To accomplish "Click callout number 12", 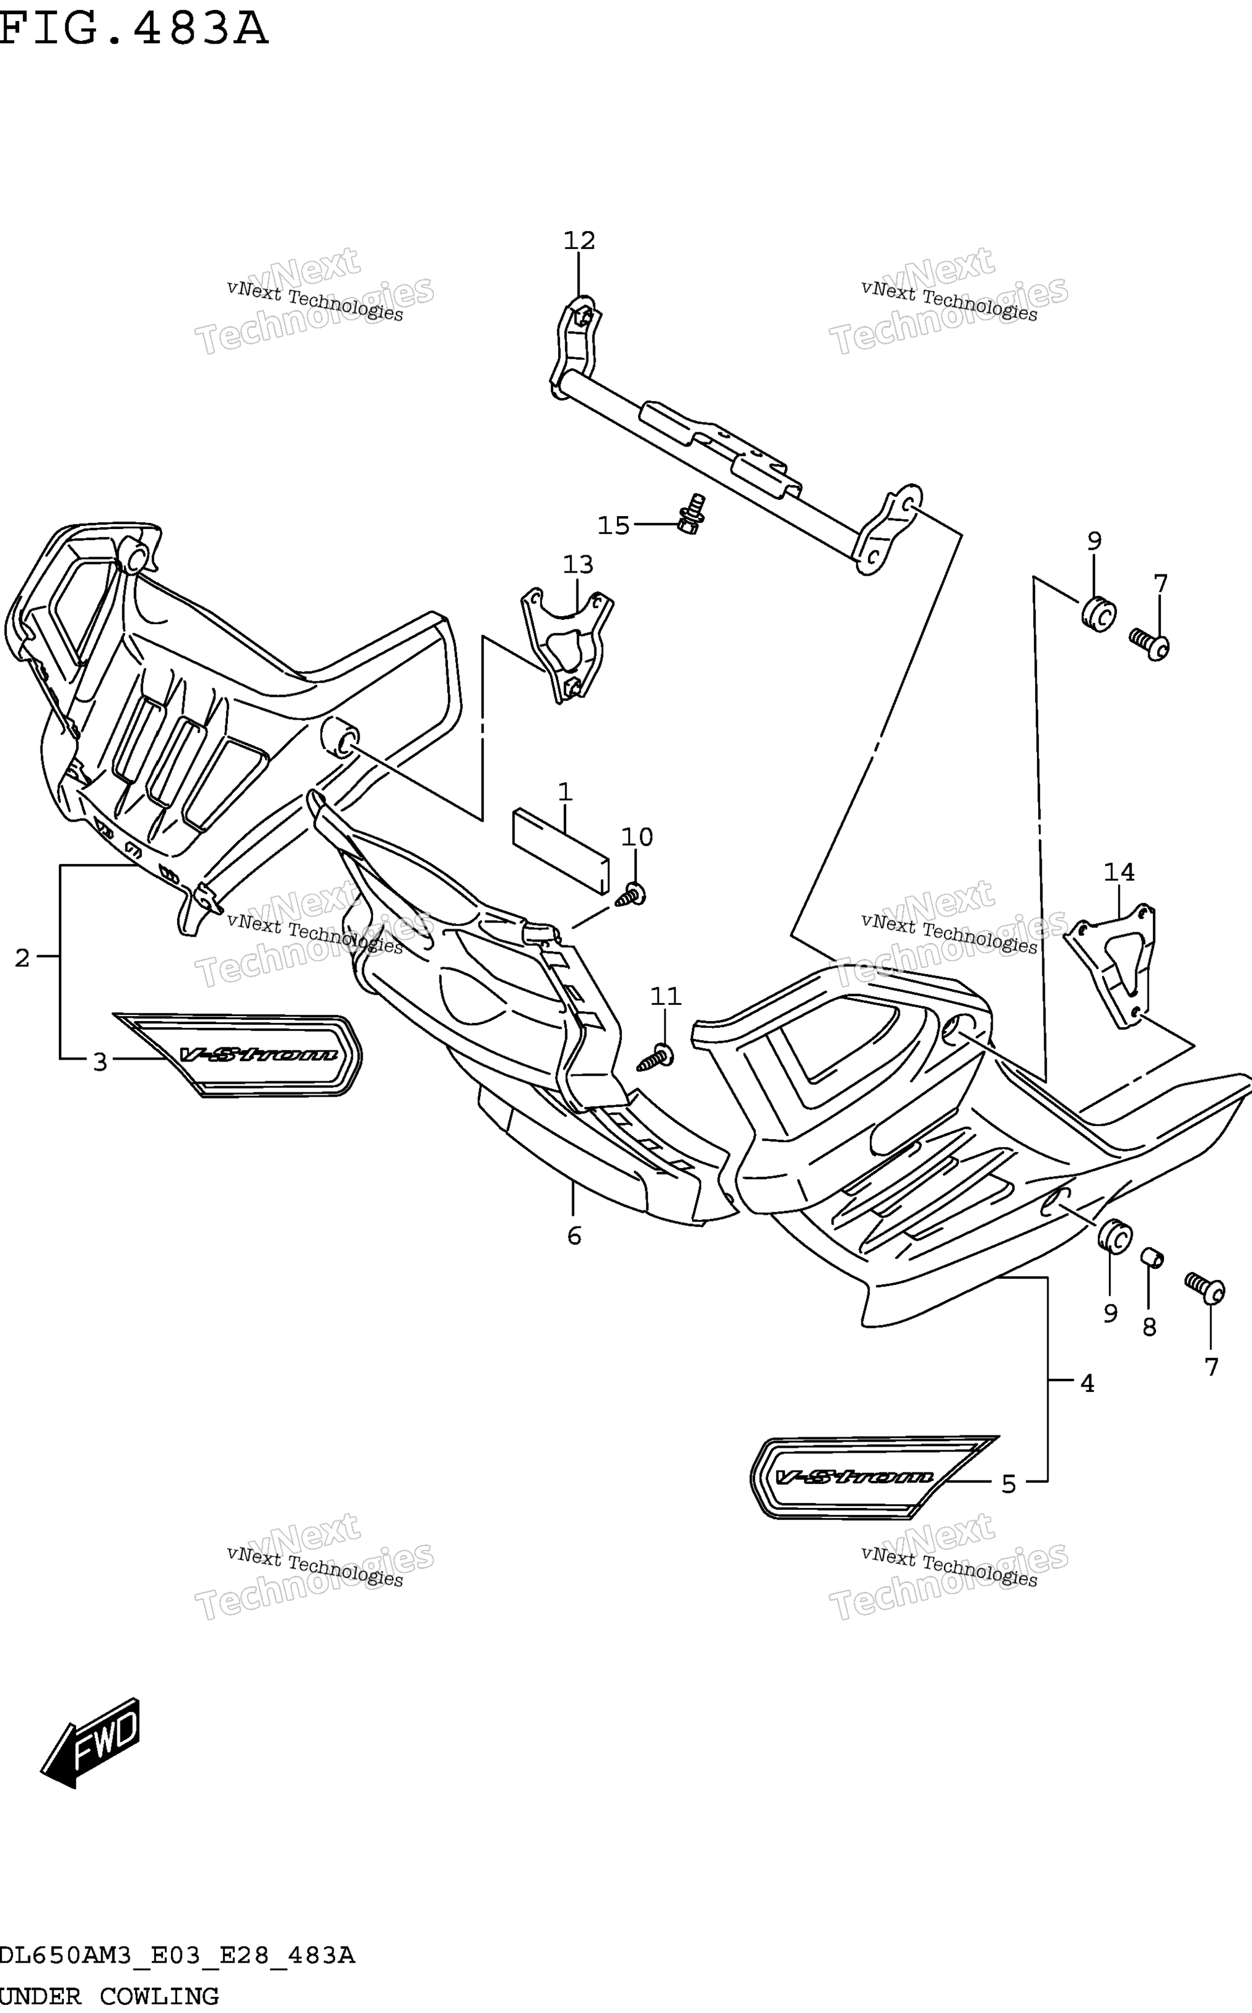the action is tap(579, 240).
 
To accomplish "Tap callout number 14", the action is tap(1119, 872).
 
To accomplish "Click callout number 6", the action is tap(575, 1236).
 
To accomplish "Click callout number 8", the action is tap(1149, 1327).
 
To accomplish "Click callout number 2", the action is tap(22, 958).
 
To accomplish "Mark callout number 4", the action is tap(1087, 1383).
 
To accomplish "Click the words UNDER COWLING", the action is tap(109, 1996).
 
